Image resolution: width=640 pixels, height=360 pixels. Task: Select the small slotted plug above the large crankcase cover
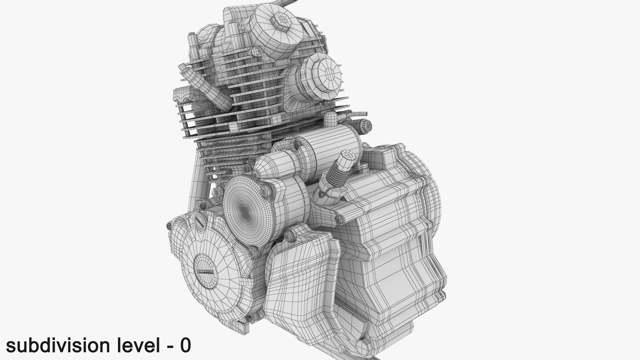[199, 221]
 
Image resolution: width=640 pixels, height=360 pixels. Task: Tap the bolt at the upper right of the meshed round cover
[266, 191]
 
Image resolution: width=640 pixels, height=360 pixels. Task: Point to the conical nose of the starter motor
[267, 168]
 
